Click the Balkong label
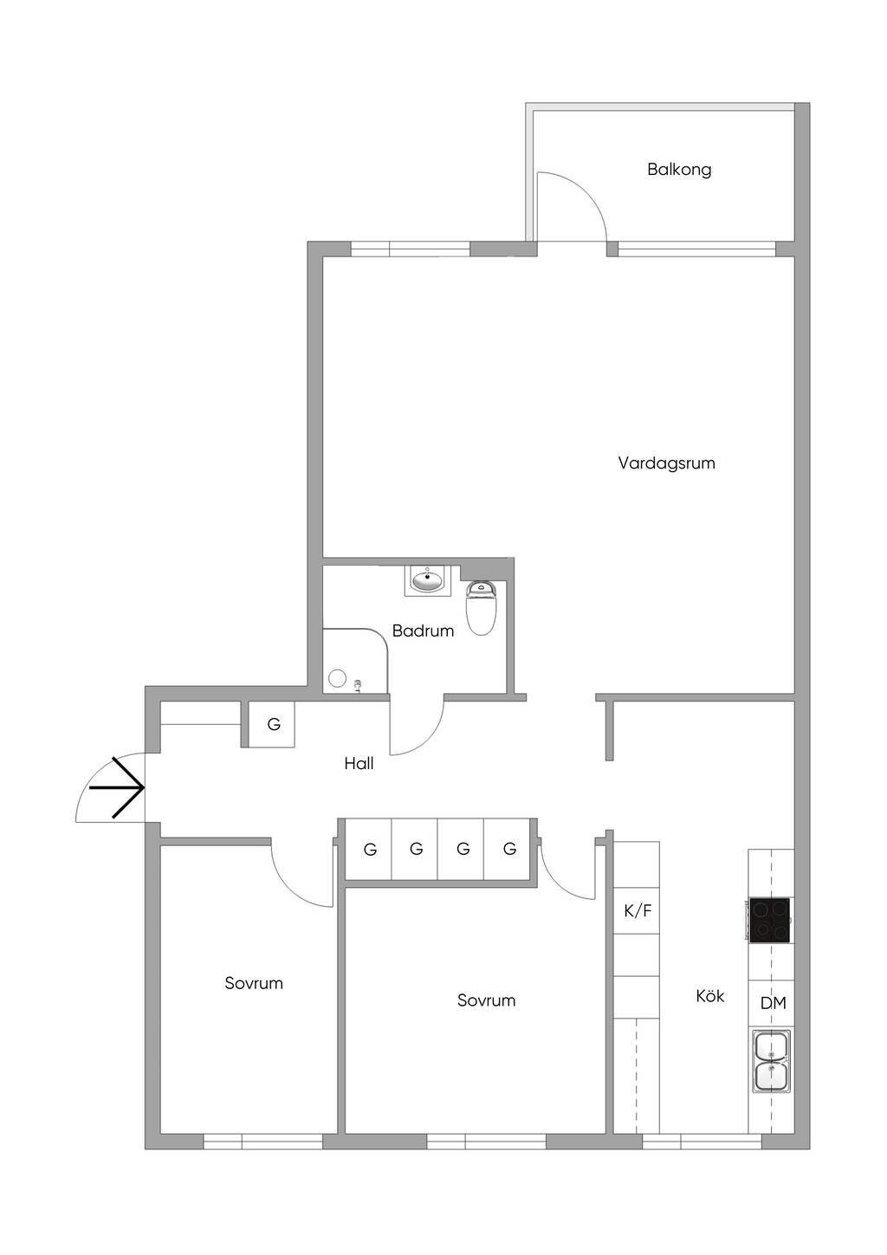(x=679, y=169)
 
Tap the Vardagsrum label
(x=666, y=463)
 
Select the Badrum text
(x=423, y=631)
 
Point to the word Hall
(x=359, y=763)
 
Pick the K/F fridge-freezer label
(x=638, y=911)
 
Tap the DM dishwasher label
(x=774, y=1003)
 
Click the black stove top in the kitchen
(x=769, y=920)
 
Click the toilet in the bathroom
(x=481, y=607)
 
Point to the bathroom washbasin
(x=427, y=580)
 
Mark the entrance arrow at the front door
(x=117, y=787)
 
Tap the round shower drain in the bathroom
(x=337, y=678)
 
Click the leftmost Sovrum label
(x=254, y=983)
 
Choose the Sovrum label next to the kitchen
(x=486, y=1000)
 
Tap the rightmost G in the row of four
(x=509, y=849)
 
